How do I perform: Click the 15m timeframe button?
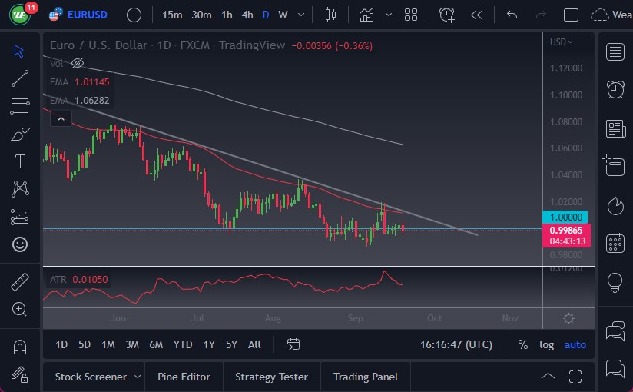pos(173,15)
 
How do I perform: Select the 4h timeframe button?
pos(247,15)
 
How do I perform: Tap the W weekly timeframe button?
pos(283,15)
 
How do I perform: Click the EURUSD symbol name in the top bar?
pos(87,15)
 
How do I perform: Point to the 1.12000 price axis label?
pos(566,68)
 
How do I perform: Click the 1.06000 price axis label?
pos(566,148)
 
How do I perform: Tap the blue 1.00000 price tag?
pos(566,218)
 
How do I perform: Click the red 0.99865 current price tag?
pos(566,230)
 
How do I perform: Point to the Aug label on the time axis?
pos(273,318)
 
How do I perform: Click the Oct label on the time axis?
pos(435,318)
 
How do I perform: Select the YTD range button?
pos(183,344)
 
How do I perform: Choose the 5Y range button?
pos(231,344)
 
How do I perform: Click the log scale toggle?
pos(546,344)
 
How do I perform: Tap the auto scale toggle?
pos(575,344)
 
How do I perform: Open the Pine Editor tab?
pos(184,377)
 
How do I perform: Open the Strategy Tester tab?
pos(271,377)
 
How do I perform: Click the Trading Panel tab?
pos(366,377)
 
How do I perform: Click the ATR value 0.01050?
pos(91,279)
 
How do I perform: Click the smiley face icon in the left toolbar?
pos(20,244)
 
